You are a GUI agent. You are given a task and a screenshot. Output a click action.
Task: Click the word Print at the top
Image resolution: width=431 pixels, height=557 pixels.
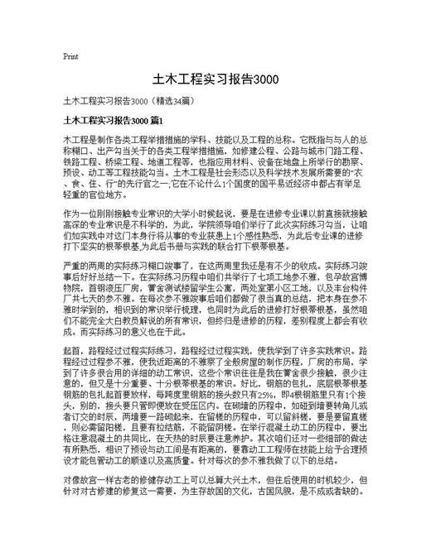pos(70,57)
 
